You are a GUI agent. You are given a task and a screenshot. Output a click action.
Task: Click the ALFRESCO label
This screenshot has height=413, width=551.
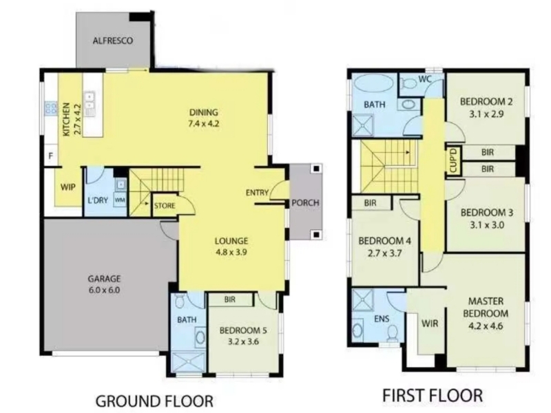(x=113, y=41)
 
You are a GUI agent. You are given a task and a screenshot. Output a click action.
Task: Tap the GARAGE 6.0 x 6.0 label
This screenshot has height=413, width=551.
(x=104, y=284)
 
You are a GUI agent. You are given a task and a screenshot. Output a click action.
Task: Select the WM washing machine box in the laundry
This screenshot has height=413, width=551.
(x=120, y=200)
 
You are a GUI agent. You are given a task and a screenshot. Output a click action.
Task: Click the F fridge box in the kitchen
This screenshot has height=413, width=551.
(x=51, y=156)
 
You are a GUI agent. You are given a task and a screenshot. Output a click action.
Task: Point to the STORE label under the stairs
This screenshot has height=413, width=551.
(x=165, y=205)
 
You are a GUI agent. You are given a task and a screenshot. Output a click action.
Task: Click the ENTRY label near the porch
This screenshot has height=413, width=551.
(x=257, y=193)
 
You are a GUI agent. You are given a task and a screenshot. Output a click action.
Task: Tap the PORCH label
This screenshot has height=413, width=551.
(x=305, y=202)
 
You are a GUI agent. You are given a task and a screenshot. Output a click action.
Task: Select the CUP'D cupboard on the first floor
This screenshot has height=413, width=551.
(x=453, y=160)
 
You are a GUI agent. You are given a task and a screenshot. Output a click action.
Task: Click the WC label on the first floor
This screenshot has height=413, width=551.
(x=424, y=79)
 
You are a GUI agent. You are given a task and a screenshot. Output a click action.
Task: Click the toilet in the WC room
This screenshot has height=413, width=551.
(x=408, y=83)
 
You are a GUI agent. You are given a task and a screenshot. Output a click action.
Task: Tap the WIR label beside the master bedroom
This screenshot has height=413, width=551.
(x=429, y=323)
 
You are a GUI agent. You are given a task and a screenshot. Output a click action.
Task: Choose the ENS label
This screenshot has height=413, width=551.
(x=382, y=319)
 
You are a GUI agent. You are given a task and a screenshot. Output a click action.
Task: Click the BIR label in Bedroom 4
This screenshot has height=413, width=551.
(x=370, y=203)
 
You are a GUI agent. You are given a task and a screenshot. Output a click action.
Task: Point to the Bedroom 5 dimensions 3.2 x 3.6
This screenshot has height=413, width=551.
(x=243, y=341)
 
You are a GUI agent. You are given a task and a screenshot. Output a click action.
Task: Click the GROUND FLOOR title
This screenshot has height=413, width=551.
(x=154, y=401)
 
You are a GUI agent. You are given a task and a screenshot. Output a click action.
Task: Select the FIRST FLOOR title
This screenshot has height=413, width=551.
(x=433, y=395)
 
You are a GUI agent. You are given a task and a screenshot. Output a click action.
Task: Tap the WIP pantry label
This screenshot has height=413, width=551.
(x=67, y=187)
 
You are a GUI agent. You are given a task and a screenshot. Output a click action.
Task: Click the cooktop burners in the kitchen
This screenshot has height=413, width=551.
(x=51, y=108)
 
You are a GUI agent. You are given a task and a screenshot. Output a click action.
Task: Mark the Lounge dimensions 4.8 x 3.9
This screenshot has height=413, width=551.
(x=231, y=252)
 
